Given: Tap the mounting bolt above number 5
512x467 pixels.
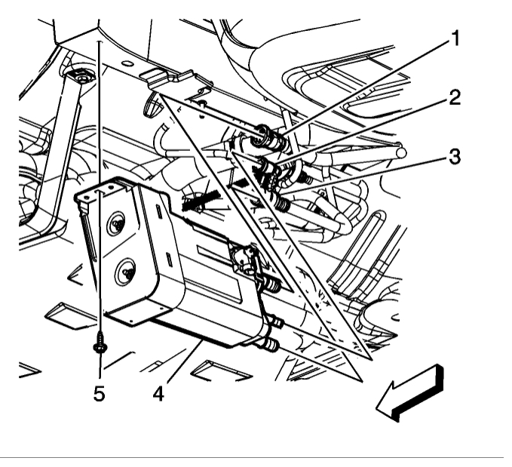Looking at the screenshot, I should click(100, 347).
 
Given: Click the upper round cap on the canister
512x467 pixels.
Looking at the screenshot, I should click(115, 224).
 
